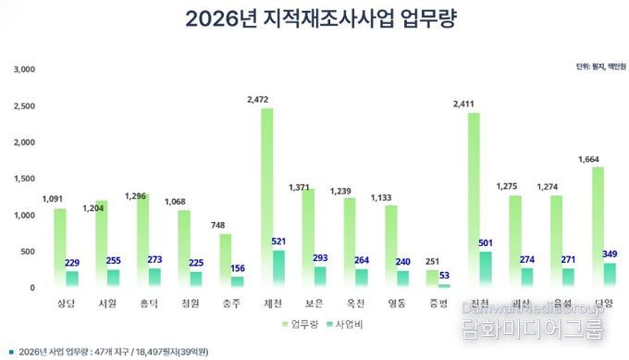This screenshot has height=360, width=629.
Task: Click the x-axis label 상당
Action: (x=60, y=303)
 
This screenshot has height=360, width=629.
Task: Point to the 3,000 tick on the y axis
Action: (x=24, y=69)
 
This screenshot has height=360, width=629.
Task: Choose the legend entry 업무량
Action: (x=303, y=324)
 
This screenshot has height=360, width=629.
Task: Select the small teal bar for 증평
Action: (x=444, y=285)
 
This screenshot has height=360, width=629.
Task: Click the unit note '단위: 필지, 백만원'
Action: (x=597, y=67)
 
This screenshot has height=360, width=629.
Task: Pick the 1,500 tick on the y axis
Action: (x=24, y=179)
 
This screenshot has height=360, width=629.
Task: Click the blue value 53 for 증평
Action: (x=445, y=275)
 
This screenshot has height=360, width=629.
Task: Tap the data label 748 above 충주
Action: (x=217, y=225)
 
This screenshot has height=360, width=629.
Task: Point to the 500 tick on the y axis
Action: (x=27, y=252)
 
